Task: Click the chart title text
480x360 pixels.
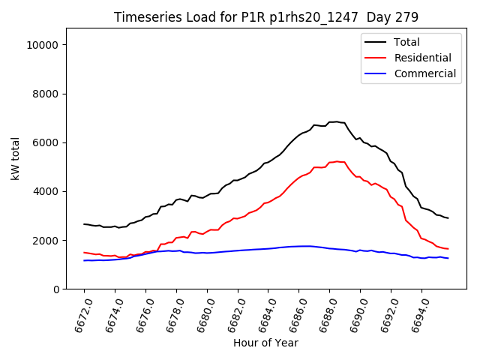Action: (265, 17)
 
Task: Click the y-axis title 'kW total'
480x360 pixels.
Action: (15, 158)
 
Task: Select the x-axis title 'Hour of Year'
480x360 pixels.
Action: (265, 343)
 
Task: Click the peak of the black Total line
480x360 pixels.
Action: (335, 121)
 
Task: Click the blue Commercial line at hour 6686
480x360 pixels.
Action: (299, 246)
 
